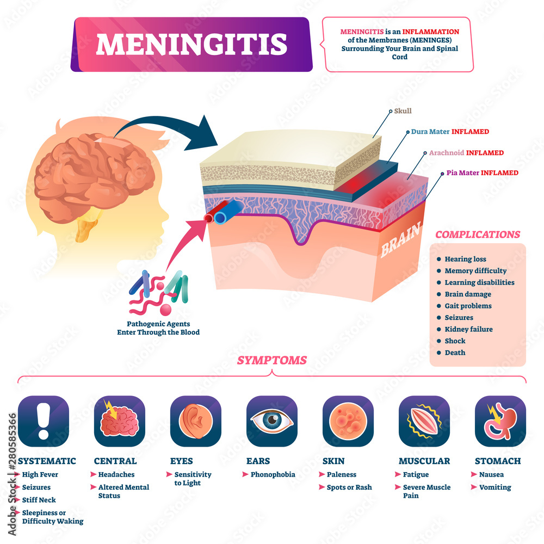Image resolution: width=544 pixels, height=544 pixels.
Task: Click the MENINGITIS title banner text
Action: pyautogui.click(x=191, y=44)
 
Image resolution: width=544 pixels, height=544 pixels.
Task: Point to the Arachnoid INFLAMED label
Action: pyautogui.click(x=467, y=153)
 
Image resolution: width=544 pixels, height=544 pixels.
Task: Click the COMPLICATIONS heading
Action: pyautogui.click(x=478, y=235)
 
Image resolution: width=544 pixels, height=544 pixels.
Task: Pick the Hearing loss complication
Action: pyautogui.click(x=465, y=259)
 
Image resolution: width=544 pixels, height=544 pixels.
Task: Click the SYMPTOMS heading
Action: pyautogui.click(x=271, y=360)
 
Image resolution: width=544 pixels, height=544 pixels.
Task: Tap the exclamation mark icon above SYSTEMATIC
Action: pyautogui.click(x=44, y=421)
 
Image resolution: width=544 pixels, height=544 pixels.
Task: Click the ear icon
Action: pyautogui.click(x=196, y=421)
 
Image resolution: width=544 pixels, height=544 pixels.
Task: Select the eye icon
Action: pyautogui.click(x=272, y=421)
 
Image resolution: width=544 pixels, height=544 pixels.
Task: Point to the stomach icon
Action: pyautogui.click(x=500, y=421)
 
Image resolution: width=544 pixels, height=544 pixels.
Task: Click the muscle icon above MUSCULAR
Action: pyautogui.click(x=424, y=421)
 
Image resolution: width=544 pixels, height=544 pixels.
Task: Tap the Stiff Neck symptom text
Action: pyautogui.click(x=39, y=500)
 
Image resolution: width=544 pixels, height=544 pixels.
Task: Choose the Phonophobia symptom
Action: pyautogui.click(x=273, y=474)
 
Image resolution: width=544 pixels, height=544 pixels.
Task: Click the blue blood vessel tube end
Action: pyautogui.click(x=220, y=218)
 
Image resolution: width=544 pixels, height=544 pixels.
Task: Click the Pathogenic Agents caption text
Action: pyautogui.click(x=158, y=327)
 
